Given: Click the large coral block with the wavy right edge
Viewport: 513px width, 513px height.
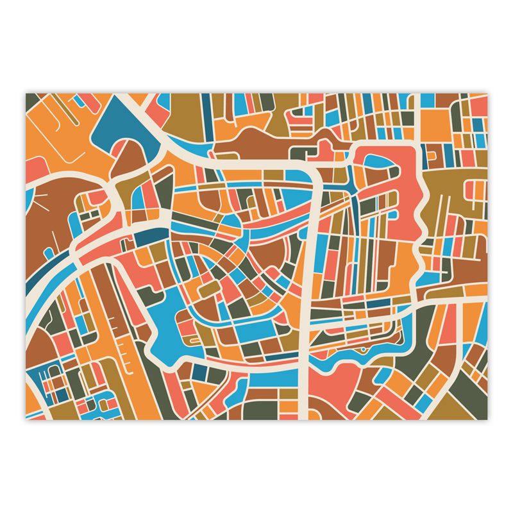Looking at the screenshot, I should (398, 192).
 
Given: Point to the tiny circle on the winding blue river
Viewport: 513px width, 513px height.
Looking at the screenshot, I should (362, 351).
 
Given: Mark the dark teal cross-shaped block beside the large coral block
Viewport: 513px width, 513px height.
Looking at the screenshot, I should (428, 154).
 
